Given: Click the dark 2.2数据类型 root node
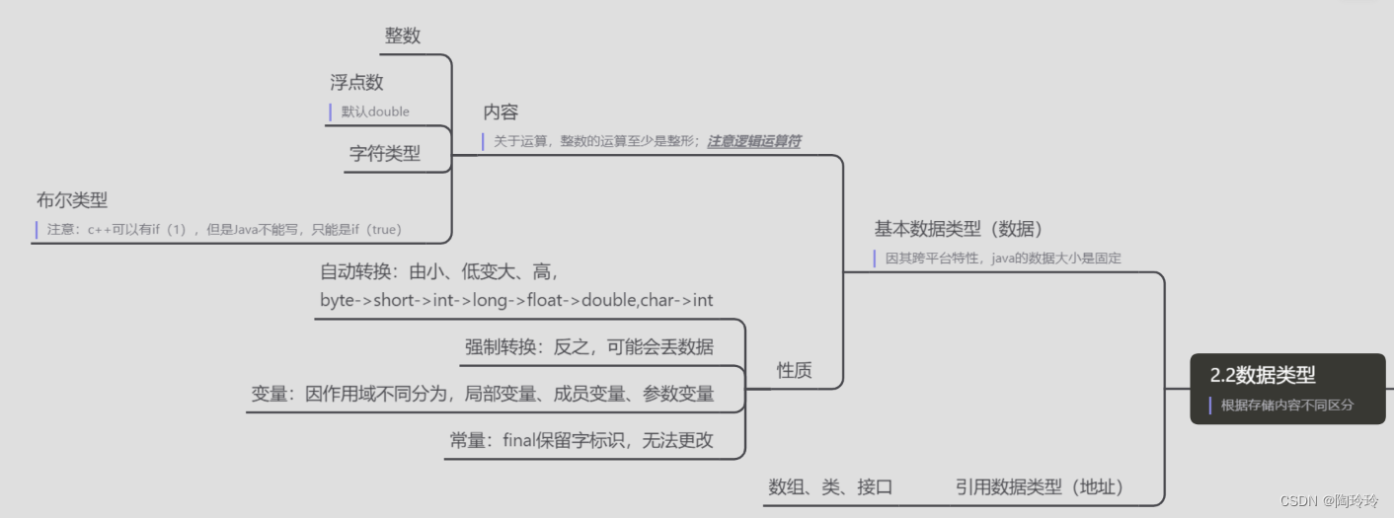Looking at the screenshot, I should (x=1263, y=375).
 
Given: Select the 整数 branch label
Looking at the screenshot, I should (x=403, y=36).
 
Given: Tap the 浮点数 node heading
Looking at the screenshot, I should (x=356, y=83).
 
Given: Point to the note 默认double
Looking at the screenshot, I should (x=375, y=111).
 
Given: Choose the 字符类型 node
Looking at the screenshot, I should (x=384, y=154).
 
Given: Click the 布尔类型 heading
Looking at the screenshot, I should (x=72, y=200).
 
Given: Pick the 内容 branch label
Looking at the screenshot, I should (x=501, y=112).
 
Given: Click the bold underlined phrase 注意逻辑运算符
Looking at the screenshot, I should (x=753, y=141).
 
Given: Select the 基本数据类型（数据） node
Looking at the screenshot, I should (x=958, y=229).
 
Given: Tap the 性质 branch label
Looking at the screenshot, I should (x=794, y=370).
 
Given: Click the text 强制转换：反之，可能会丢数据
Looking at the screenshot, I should (x=588, y=347).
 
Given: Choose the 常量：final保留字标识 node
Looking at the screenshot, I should (x=581, y=441).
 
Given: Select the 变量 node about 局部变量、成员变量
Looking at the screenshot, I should (x=482, y=394).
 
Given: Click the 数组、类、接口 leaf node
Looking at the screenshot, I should (x=830, y=486).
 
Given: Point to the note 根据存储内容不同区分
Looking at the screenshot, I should (x=1286, y=405).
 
